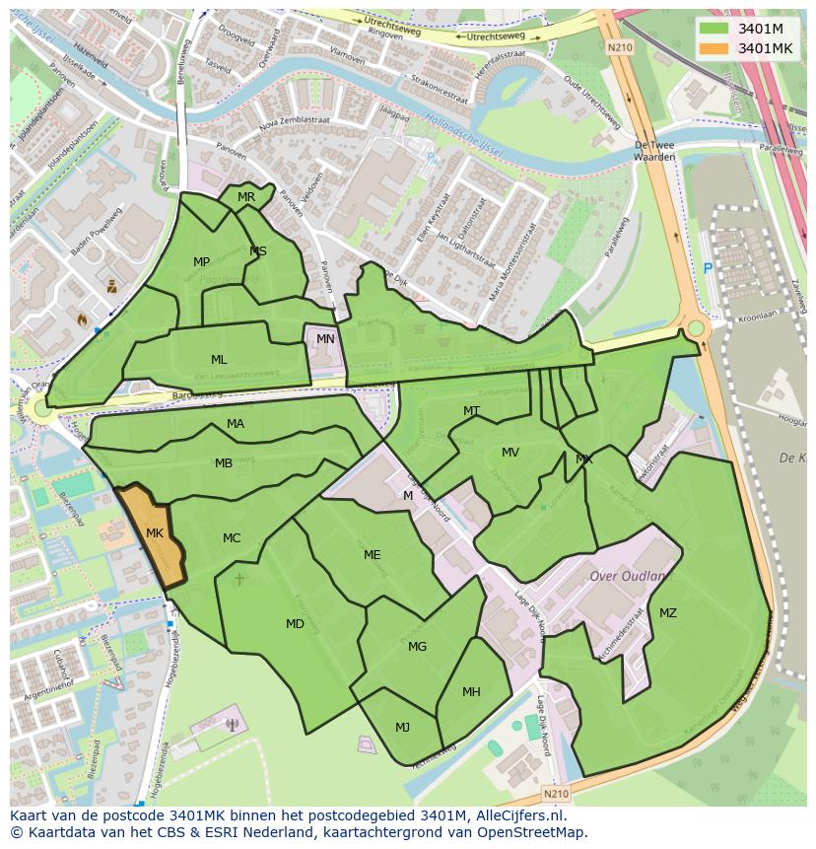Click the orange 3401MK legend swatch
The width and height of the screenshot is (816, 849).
pyautogui.click(x=715, y=48)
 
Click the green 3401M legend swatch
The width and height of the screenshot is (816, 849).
pyautogui.click(x=715, y=28)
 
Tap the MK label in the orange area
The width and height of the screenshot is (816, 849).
pyautogui.click(x=155, y=533)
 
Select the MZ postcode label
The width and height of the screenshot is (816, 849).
pyautogui.click(x=668, y=613)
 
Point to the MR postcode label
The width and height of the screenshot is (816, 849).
pyautogui.click(x=246, y=197)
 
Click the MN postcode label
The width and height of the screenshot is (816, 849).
pyautogui.click(x=325, y=339)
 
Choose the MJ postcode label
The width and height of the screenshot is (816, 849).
pyautogui.click(x=402, y=728)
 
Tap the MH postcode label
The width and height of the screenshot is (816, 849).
pyautogui.click(x=471, y=692)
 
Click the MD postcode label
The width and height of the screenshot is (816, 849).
pyautogui.click(x=295, y=624)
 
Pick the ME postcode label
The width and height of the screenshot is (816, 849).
pyautogui.click(x=372, y=555)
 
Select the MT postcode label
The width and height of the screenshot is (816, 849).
pyautogui.click(x=472, y=411)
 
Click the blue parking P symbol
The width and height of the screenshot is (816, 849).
pyautogui.click(x=707, y=268)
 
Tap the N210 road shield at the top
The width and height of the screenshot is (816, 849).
pyautogui.click(x=620, y=46)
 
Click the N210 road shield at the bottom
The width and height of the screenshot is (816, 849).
pyautogui.click(x=556, y=792)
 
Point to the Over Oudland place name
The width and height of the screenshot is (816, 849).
pyautogui.click(x=628, y=576)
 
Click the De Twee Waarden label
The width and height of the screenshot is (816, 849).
pyautogui.click(x=654, y=150)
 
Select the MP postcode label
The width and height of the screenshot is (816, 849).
pyautogui.click(x=201, y=262)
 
